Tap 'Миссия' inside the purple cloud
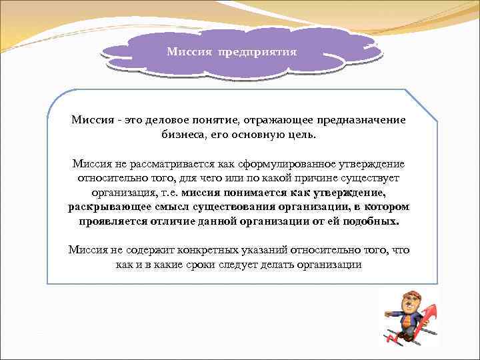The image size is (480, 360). (189, 51)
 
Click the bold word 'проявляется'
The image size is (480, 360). (111, 222)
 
